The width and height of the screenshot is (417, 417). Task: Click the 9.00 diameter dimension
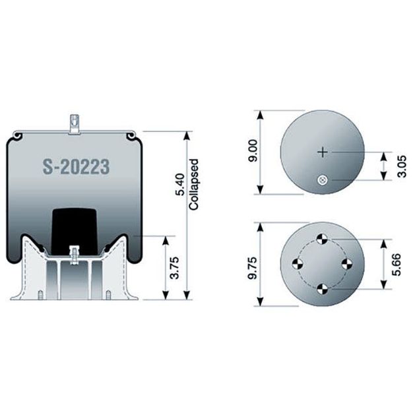pos(252,152)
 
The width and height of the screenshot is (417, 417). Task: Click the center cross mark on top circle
pos(322,152)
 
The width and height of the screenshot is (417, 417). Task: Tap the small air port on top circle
pos(322,179)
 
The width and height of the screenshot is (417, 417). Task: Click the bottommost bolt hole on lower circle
pos(322,288)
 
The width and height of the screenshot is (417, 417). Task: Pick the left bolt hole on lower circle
pos(298,264)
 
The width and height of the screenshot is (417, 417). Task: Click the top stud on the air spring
pos(75,123)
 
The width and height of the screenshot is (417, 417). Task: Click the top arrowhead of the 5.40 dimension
pos(188,135)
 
